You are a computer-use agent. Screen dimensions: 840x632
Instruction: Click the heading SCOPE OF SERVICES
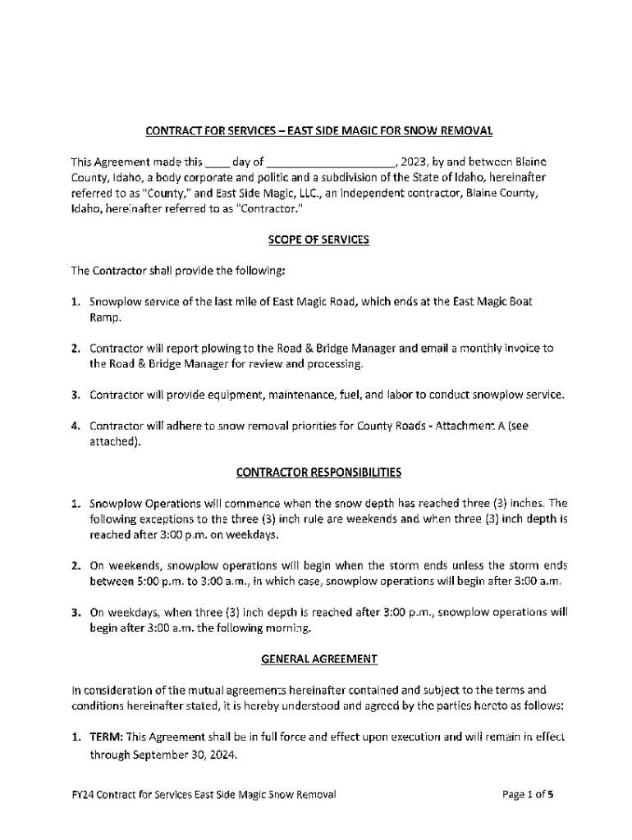[x=319, y=240]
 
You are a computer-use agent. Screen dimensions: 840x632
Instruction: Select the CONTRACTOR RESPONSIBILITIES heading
[x=318, y=472]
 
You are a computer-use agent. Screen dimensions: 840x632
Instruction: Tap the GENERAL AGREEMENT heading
[x=319, y=658]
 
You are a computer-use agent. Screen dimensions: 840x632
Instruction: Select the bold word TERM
[x=106, y=737]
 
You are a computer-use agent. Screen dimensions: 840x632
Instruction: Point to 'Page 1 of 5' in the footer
[x=530, y=795]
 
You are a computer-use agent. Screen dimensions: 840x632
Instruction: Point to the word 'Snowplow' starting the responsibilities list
[x=113, y=503]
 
